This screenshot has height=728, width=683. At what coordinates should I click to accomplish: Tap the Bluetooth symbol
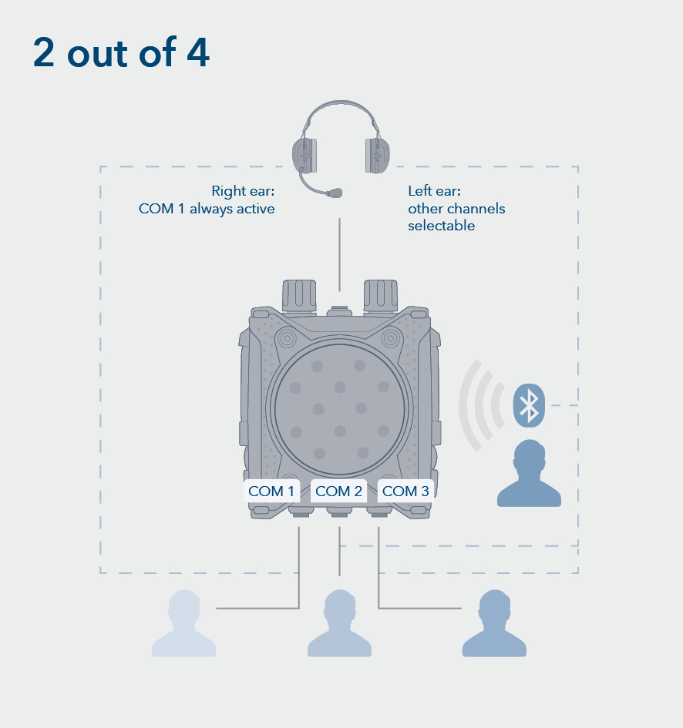[529, 404]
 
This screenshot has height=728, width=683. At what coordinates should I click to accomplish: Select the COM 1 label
[271, 491]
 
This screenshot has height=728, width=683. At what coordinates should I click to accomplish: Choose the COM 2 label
[338, 491]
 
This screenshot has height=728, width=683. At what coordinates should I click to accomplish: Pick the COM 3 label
[405, 491]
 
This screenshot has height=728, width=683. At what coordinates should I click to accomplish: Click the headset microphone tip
[335, 192]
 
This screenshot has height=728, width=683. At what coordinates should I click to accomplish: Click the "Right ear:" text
[243, 191]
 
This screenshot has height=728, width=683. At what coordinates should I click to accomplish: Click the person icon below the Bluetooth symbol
[529, 475]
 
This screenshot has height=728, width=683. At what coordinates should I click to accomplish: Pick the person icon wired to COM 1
[183, 625]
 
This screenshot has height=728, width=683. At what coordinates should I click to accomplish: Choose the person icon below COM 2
[339, 625]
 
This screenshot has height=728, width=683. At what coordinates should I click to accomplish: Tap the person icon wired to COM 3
[494, 625]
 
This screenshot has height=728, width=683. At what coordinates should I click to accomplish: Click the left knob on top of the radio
[299, 294]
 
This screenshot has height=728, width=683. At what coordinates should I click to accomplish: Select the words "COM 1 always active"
[207, 209]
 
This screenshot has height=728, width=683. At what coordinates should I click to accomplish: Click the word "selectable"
[441, 226]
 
